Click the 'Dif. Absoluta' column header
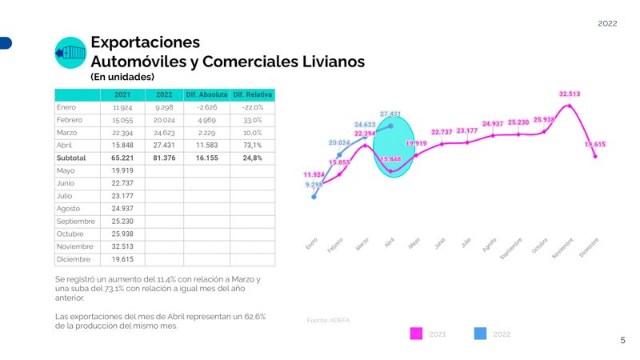[x=206, y=95]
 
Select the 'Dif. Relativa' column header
[x=253, y=95]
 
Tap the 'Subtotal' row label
[x=71, y=158]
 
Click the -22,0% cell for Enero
[x=253, y=107]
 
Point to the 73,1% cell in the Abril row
[x=253, y=145]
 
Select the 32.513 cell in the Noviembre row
[x=122, y=246]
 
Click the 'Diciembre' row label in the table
[x=74, y=259]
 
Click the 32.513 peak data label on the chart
[x=570, y=94]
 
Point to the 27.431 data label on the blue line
[x=390, y=114]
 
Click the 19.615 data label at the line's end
[x=594, y=145]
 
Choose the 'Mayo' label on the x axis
[x=414, y=242]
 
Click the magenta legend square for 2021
[x=416, y=334]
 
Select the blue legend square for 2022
[x=481, y=334]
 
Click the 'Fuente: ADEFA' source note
[x=329, y=321]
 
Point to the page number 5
[x=623, y=341]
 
